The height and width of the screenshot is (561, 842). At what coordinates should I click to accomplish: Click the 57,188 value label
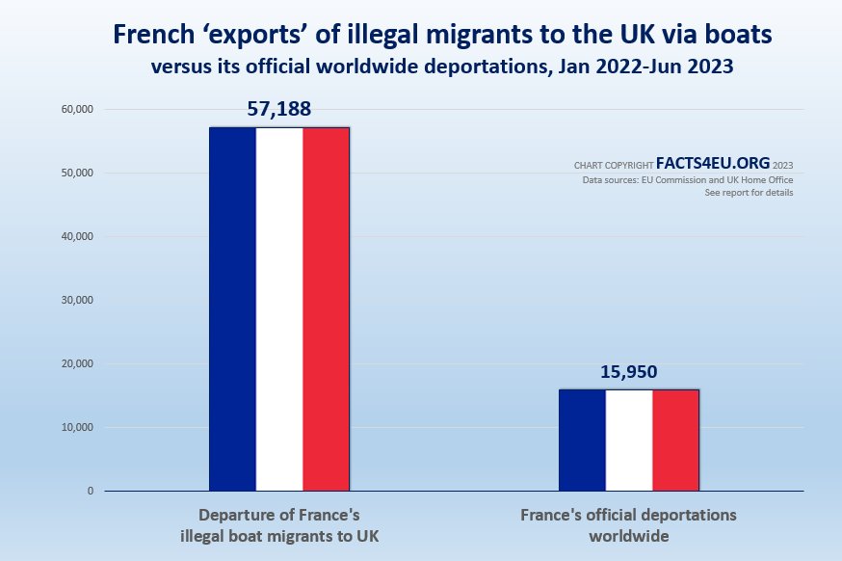point(279,109)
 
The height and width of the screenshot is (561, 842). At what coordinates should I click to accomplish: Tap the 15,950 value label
point(629,372)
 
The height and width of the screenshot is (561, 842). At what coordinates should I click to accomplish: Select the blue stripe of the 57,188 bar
point(232,308)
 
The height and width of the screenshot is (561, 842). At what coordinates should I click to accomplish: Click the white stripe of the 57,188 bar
point(279,308)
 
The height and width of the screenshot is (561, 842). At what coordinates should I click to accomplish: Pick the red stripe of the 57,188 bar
point(326,308)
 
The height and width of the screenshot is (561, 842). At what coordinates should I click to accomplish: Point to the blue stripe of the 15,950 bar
point(582,440)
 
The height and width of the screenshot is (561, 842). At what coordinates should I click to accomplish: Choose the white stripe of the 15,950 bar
point(629,440)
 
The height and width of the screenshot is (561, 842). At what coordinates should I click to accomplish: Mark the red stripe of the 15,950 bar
point(675,440)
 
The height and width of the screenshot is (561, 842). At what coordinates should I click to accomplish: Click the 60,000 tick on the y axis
point(75,110)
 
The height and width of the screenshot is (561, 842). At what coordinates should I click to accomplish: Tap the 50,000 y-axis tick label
point(75,174)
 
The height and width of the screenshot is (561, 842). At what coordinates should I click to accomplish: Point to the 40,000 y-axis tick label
point(75,237)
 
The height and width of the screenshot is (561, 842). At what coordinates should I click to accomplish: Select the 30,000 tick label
point(75,301)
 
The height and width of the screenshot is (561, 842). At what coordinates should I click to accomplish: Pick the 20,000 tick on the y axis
point(75,364)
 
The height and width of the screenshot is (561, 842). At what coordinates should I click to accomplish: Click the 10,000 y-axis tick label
point(75,428)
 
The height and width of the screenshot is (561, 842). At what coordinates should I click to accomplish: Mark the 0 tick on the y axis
point(90,492)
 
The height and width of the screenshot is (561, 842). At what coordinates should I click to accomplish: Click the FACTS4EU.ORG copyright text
point(712,164)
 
